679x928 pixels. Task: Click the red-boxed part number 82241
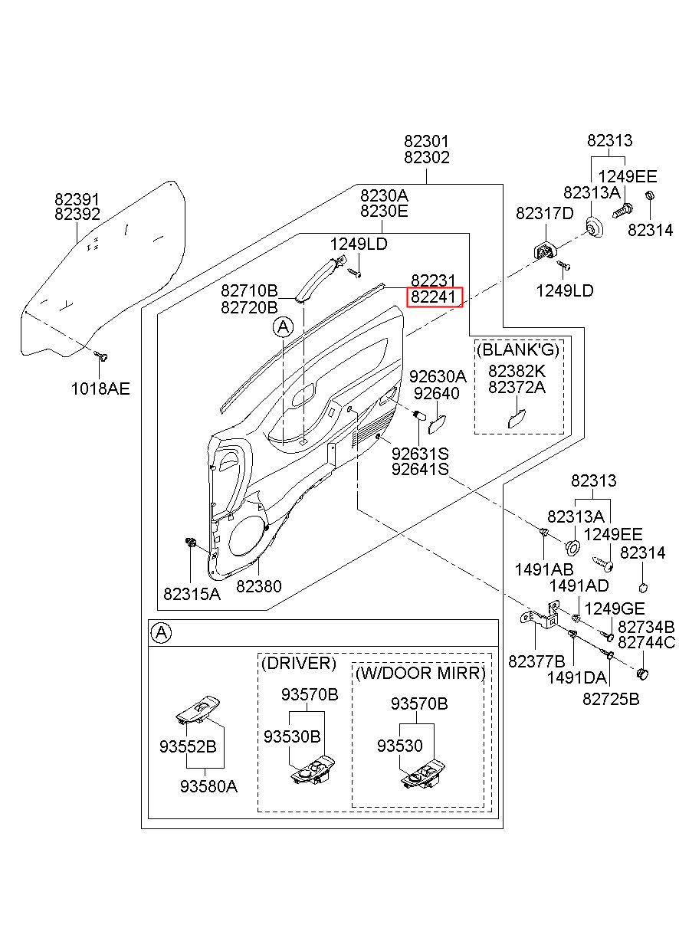[435, 297]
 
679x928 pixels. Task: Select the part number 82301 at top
[427, 142]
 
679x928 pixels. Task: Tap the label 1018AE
[100, 389]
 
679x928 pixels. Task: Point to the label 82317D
[544, 214]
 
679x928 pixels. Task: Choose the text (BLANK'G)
[518, 350]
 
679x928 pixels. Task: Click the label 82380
[258, 586]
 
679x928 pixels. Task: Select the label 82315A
[192, 593]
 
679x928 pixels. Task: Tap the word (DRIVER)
[298, 663]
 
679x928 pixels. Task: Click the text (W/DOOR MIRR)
[420, 674]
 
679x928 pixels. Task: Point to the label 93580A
[208, 785]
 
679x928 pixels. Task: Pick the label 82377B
[536, 661]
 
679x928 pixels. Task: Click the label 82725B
[611, 699]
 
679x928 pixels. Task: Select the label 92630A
[437, 376]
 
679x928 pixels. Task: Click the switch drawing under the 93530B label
[312, 769]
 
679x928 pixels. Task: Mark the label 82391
[77, 199]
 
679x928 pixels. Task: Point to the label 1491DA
[576, 677]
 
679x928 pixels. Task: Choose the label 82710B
[249, 291]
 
